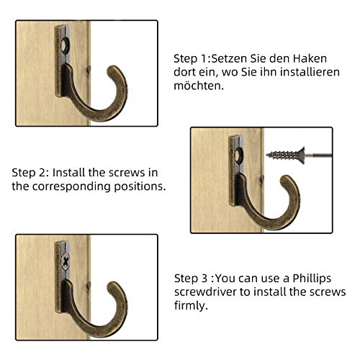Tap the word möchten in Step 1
(199, 86)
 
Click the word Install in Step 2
(68, 173)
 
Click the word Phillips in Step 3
(312, 279)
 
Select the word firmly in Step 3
(191, 306)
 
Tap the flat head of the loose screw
(302, 156)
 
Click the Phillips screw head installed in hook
(65, 261)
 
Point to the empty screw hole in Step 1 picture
(65, 45)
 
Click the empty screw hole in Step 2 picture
(239, 155)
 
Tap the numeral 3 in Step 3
(204, 279)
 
